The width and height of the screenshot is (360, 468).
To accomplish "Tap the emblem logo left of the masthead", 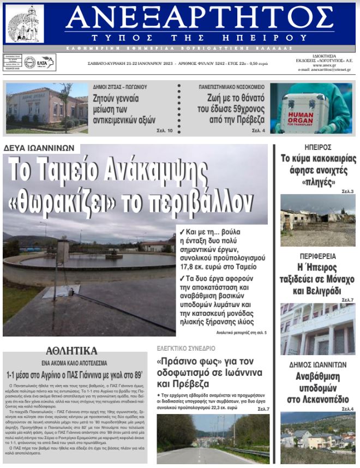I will [25, 25].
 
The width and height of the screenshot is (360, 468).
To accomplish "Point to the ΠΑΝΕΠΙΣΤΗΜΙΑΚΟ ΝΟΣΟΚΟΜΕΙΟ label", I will [231, 87].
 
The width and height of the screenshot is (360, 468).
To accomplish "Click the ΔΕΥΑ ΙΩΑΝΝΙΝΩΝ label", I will [41, 148].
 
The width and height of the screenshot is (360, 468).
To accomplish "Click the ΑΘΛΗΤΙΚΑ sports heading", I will [71, 350].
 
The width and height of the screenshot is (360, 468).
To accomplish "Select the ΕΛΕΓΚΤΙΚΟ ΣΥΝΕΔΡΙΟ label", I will [186, 348].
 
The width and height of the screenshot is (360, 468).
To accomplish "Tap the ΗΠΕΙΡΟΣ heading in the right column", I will [318, 147].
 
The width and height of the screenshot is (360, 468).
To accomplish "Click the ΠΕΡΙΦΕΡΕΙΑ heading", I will [318, 256].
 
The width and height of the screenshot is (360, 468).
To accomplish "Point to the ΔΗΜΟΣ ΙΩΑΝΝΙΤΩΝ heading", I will [318, 365].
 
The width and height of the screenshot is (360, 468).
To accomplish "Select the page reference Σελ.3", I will [347, 191].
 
